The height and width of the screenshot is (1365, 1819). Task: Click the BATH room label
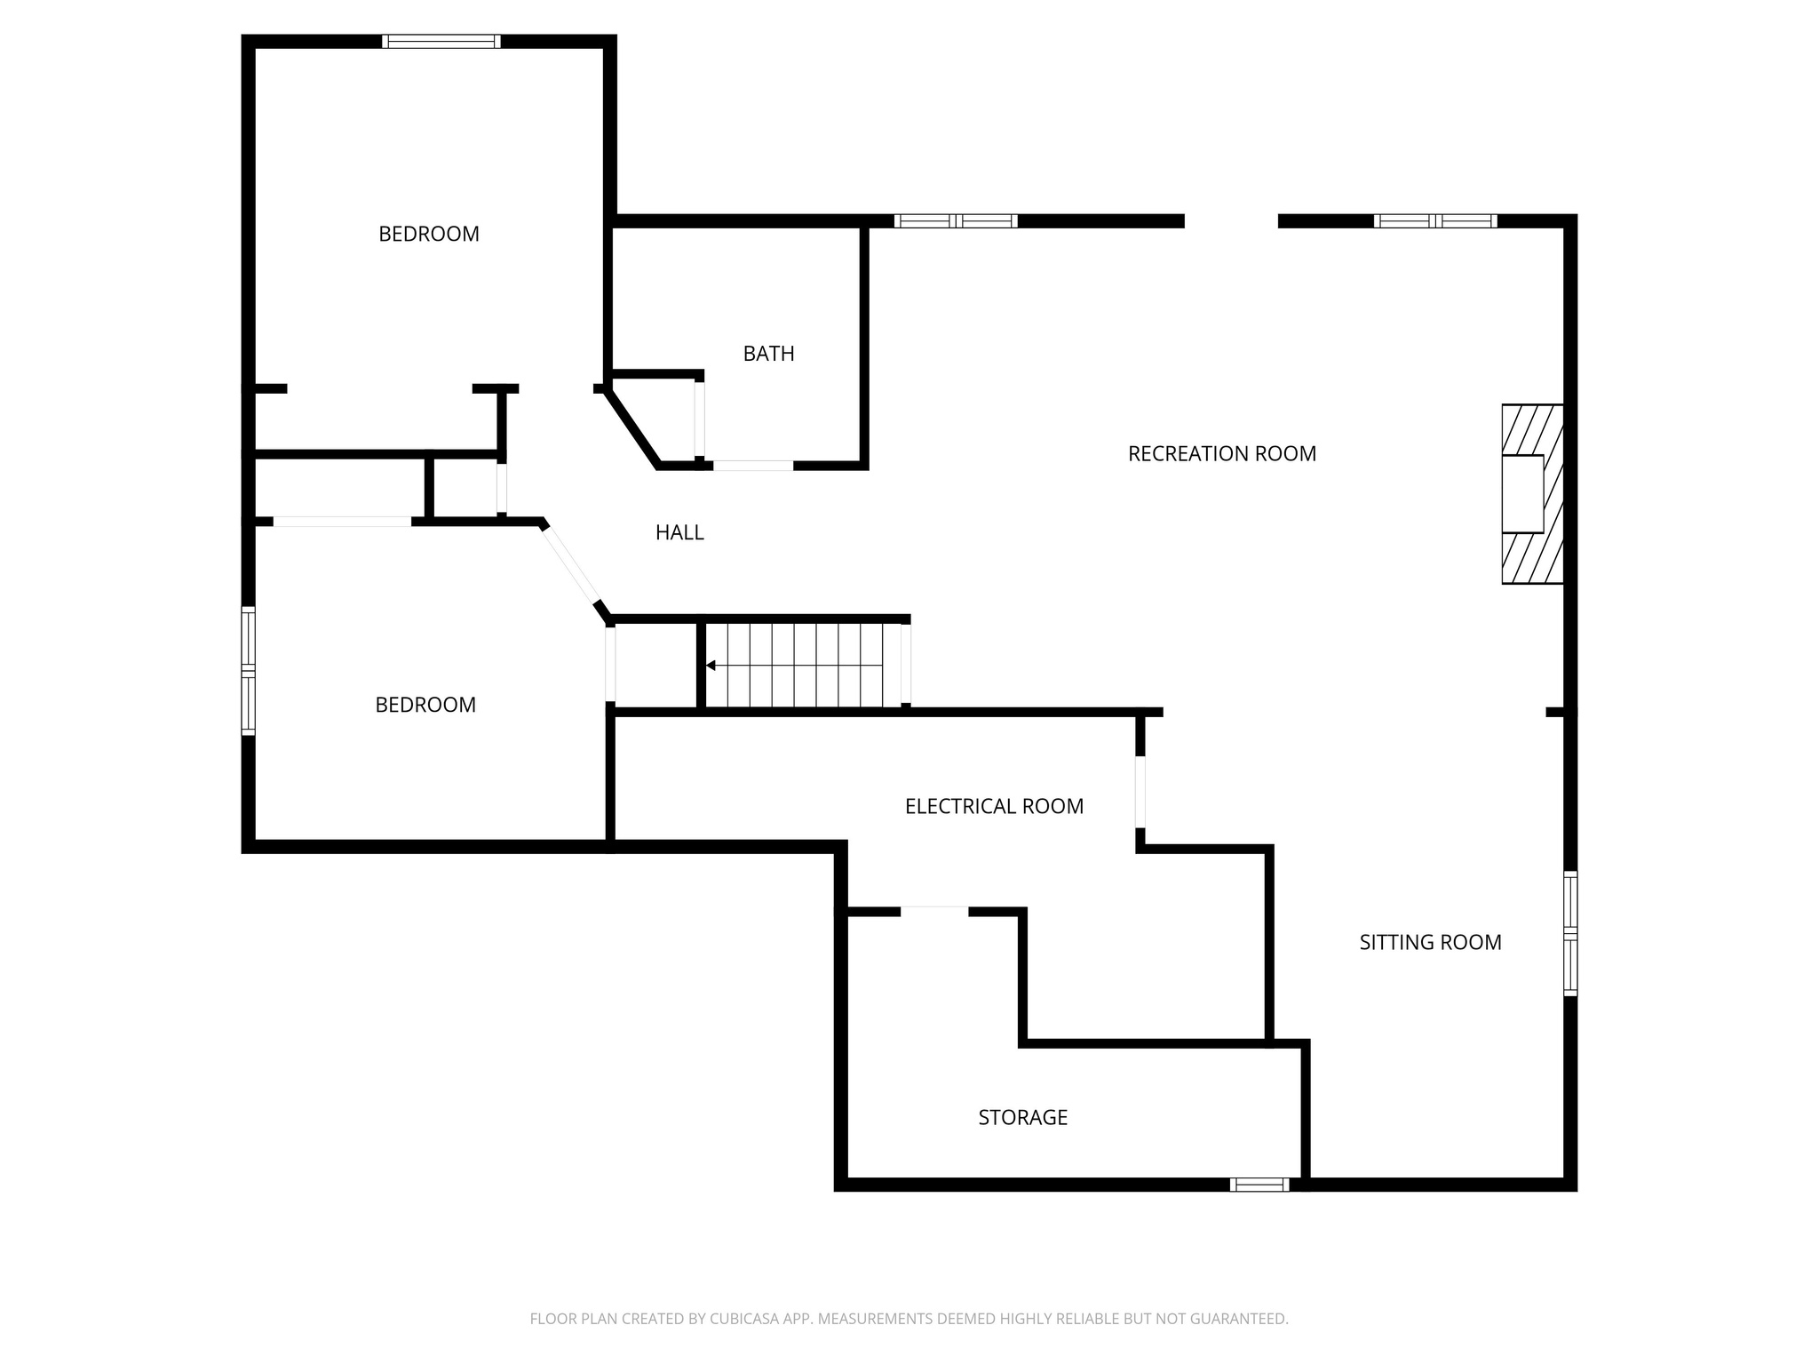(768, 354)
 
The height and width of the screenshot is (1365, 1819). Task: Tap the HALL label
(679, 532)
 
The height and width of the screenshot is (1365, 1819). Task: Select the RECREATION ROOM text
(1221, 454)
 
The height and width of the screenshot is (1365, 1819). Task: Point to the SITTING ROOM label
(1430, 942)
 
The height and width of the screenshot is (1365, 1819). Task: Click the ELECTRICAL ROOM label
(994, 806)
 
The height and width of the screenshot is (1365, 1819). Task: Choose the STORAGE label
(1022, 1117)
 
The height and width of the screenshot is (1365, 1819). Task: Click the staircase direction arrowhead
(711, 665)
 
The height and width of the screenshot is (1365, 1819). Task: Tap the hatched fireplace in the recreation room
(1531, 494)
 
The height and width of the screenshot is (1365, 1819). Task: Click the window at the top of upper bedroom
(441, 41)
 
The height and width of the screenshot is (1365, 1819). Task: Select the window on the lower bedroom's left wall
(249, 671)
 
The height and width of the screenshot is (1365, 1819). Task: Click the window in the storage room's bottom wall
(1259, 1184)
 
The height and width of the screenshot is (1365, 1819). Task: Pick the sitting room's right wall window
(1570, 933)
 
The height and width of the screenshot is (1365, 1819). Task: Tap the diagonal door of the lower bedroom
(571, 564)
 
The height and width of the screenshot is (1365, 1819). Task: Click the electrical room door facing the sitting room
(1140, 792)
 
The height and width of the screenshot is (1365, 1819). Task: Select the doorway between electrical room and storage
(934, 910)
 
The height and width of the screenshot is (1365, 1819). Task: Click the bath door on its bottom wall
(753, 465)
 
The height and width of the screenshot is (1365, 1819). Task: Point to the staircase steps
(804, 665)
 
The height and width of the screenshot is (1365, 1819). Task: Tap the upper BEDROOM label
(428, 234)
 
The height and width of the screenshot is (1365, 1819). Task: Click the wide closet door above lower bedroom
(342, 522)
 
